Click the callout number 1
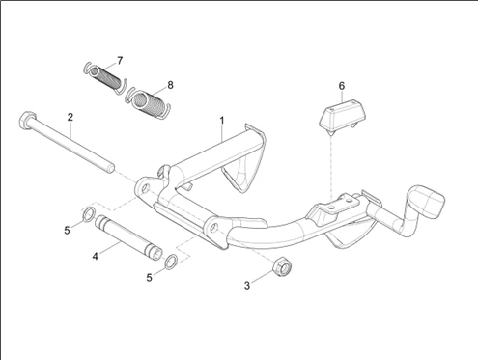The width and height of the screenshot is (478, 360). [222, 121]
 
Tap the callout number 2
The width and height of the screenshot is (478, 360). [70, 117]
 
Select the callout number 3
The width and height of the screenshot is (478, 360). [247, 286]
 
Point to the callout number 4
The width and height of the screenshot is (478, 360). [95, 257]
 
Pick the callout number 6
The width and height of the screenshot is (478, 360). [342, 86]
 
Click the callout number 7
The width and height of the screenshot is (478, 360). [120, 61]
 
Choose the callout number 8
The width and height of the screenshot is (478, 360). [170, 85]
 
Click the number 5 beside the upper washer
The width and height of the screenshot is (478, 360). [67, 231]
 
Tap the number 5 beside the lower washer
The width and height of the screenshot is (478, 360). [149, 278]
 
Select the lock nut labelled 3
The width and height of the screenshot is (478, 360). [282, 266]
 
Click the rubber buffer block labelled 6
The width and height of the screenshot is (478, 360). [344, 115]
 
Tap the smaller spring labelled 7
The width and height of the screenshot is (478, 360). [105, 78]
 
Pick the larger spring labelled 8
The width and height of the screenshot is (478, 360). [148, 102]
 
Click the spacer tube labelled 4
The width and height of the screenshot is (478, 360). [128, 237]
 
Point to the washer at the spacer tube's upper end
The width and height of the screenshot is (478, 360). [89, 214]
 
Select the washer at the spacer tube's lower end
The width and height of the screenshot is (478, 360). [171, 262]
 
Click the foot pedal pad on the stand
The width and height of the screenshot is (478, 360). [427, 200]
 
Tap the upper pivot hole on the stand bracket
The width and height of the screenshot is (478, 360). [146, 188]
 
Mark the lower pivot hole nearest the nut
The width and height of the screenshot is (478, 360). [213, 228]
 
